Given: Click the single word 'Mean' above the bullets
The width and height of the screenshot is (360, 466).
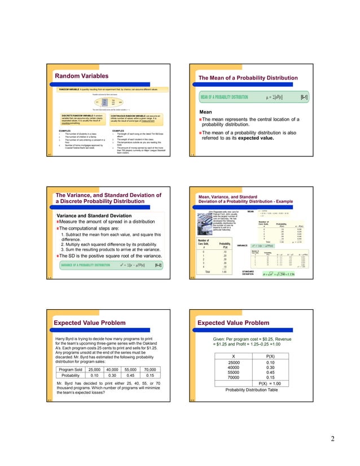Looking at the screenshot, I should [x=206, y=112].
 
